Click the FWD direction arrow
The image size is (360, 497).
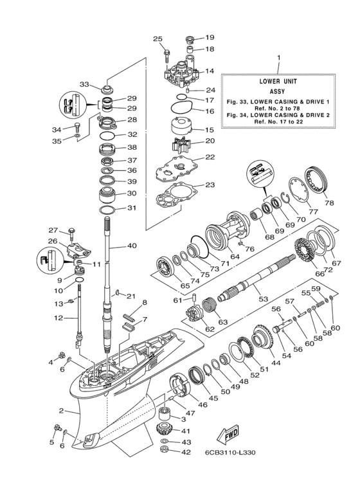click(x=230, y=437)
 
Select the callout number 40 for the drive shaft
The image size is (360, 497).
click(x=132, y=245)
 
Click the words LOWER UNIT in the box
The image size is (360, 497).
click(x=278, y=82)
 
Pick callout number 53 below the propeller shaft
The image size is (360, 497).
click(x=262, y=300)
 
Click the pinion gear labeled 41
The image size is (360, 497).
click(x=167, y=429)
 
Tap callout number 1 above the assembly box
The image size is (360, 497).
click(x=279, y=59)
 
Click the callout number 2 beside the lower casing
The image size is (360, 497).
click(x=61, y=410)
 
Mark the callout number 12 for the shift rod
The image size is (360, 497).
click(x=59, y=318)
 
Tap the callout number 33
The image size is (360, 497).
click(x=84, y=84)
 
